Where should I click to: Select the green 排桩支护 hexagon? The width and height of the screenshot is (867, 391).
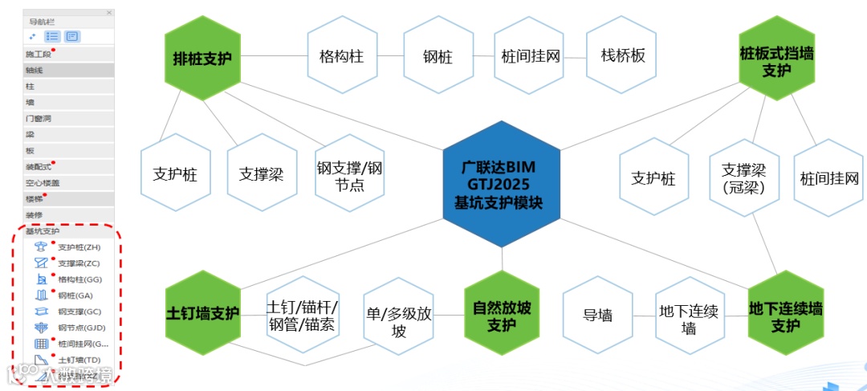[x=202, y=59]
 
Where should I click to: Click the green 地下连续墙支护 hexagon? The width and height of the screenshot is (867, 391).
[x=785, y=316]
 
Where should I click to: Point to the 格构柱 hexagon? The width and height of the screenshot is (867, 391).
[x=342, y=58]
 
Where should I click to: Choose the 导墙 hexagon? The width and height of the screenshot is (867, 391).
[x=598, y=316]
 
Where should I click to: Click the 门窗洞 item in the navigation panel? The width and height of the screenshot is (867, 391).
[x=40, y=118]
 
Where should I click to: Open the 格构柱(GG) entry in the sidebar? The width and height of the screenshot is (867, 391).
[x=79, y=279]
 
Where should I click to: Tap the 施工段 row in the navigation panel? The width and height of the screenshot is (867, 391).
[x=39, y=55]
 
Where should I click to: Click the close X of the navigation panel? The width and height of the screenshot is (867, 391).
[x=109, y=13]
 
